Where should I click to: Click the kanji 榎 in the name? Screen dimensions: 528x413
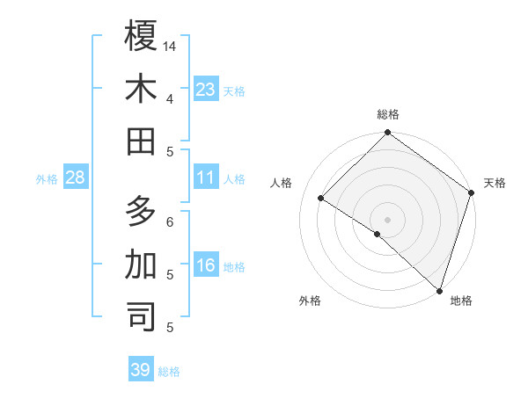click(x=141, y=36)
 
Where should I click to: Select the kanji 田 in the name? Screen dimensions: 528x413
click(x=141, y=141)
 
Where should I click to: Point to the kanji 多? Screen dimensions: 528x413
click(x=141, y=212)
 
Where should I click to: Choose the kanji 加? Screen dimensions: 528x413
click(x=141, y=264)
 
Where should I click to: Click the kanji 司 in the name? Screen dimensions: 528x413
click(x=141, y=317)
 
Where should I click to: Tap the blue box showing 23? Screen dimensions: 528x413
click(x=206, y=89)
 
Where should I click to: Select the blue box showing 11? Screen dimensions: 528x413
click(x=206, y=178)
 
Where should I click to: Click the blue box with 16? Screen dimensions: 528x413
click(x=206, y=265)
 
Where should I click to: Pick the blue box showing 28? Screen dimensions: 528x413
click(x=75, y=178)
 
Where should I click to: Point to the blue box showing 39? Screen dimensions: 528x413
click(x=141, y=370)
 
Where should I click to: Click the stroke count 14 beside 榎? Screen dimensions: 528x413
click(x=170, y=46)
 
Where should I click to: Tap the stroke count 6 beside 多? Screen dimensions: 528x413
click(x=170, y=221)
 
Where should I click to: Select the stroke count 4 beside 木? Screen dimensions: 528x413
click(x=170, y=98)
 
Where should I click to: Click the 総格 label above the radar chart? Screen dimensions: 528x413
click(x=388, y=114)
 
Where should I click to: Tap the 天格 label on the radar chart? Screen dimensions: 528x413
click(x=495, y=183)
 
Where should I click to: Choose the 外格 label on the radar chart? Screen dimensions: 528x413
click(x=309, y=301)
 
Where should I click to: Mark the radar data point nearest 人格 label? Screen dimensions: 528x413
click(x=321, y=199)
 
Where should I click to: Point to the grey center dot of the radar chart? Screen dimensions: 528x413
click(x=387, y=219)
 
